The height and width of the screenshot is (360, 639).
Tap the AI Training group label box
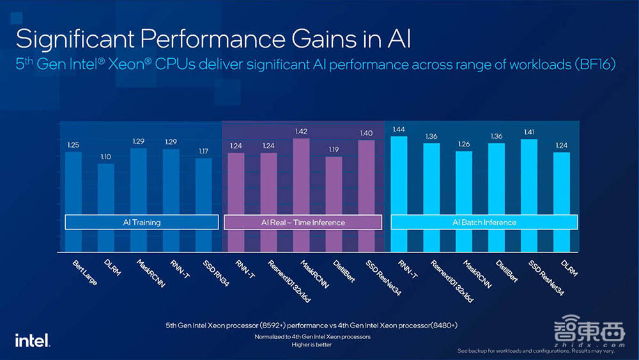click(142, 223)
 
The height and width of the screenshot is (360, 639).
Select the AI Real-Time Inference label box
click(303, 223)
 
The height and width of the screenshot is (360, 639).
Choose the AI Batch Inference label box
click(484, 223)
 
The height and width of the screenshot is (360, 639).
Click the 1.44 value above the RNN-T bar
click(399, 130)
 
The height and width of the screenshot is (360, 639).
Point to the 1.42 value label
click(301, 132)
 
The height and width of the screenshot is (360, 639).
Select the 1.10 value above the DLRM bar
click(106, 157)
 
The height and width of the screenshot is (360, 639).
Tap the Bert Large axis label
click(83, 272)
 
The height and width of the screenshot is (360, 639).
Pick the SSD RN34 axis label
click(214, 270)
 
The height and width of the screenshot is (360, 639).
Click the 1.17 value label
click(203, 152)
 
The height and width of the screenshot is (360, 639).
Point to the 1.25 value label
click(73, 145)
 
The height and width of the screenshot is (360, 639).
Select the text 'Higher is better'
click(312, 344)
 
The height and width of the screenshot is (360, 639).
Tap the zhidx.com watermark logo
click(581, 333)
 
